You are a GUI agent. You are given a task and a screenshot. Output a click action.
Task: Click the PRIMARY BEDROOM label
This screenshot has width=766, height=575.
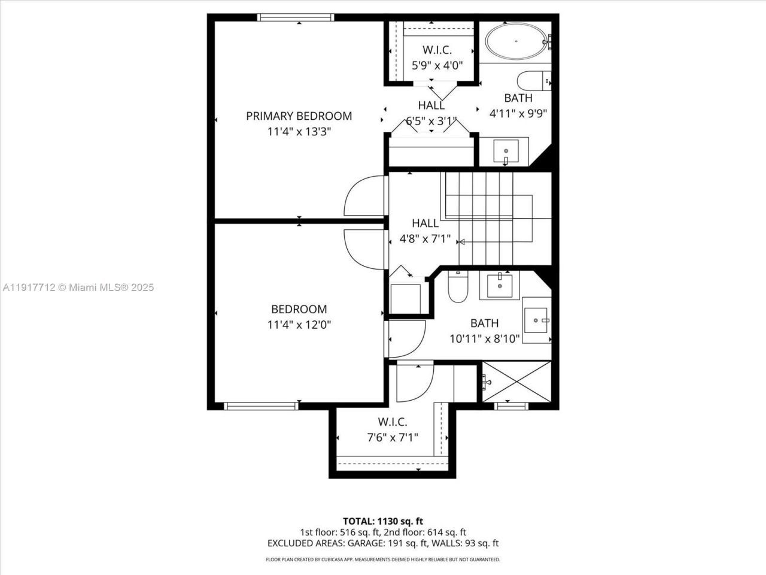click(x=299, y=116)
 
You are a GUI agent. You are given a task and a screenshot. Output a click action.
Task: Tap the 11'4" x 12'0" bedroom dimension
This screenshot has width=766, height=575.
click(x=299, y=325)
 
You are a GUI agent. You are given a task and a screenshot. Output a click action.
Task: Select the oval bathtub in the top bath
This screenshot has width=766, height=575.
click(x=515, y=41)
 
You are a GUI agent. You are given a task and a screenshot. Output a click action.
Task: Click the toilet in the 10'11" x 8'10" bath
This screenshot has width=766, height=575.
click(x=458, y=287)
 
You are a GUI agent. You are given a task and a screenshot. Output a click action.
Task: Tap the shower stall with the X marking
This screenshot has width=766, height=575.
click(x=516, y=382)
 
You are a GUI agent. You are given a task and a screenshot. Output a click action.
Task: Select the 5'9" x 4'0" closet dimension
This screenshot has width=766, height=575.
click(x=437, y=65)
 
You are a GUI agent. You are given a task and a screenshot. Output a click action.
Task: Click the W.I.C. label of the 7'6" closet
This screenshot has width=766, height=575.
click(x=392, y=422)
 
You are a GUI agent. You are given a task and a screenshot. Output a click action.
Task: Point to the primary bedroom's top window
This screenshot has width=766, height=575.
click(x=287, y=17)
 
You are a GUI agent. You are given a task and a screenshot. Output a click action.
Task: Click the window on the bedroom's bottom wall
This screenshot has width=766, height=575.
click(x=261, y=406)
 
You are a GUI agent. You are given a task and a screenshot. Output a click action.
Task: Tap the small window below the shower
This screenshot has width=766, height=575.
click(x=512, y=406)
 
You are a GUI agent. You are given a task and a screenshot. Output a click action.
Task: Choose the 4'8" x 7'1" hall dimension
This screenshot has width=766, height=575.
click(x=425, y=238)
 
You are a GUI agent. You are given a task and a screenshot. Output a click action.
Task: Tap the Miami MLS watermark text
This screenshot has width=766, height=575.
click(x=78, y=287)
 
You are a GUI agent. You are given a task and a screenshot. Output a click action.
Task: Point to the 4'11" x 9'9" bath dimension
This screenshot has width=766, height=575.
click(x=518, y=113)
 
